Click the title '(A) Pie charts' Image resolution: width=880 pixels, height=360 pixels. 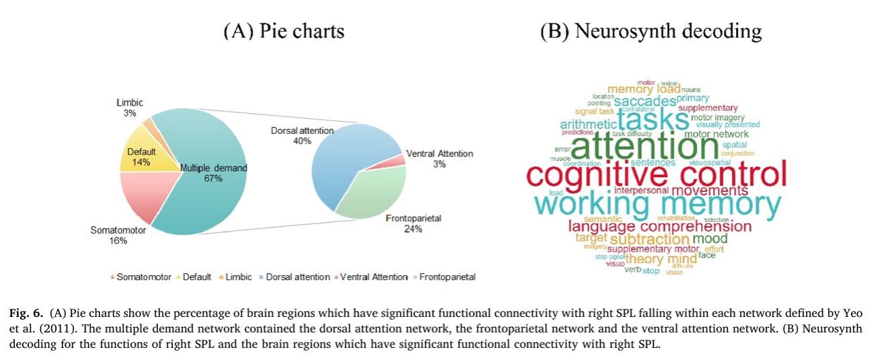click(x=283, y=31)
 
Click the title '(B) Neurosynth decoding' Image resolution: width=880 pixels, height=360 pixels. click(x=651, y=31)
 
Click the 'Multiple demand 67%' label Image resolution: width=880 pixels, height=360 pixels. click(x=214, y=172)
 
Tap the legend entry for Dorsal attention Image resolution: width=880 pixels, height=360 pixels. click(x=297, y=277)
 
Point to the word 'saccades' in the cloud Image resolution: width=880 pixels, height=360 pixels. click(x=644, y=102)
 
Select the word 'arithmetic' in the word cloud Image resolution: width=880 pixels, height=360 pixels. click(x=587, y=125)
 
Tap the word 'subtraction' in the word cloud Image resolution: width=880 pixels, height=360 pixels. click(x=649, y=239)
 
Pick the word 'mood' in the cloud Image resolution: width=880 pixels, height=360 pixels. click(x=710, y=238)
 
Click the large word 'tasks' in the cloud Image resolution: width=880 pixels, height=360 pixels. click(x=653, y=120)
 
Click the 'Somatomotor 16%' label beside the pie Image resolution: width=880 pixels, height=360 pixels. click(x=109, y=235)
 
